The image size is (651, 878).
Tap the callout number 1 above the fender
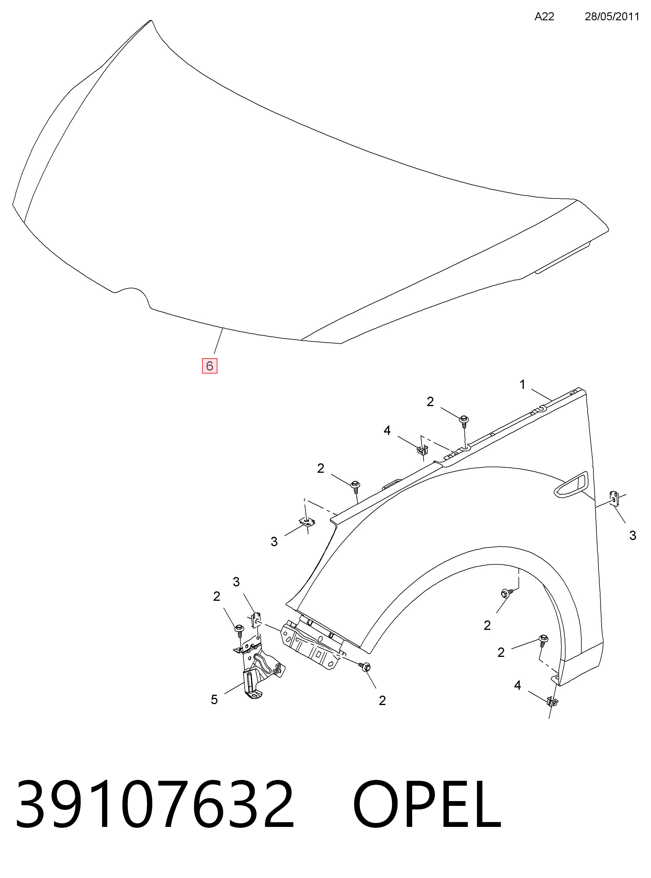tap(523, 384)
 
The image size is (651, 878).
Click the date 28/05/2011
tap(612, 16)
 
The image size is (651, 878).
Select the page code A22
tap(544, 16)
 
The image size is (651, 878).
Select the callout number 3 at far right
tap(632, 535)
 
